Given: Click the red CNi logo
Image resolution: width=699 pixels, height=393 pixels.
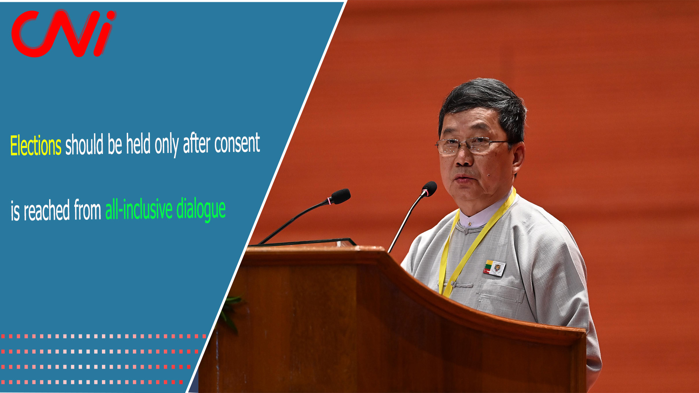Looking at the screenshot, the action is coord(64,33).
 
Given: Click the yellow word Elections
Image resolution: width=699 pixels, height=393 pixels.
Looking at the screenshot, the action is coord(36,146).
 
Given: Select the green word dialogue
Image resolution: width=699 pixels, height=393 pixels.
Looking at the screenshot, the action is coord(201,209).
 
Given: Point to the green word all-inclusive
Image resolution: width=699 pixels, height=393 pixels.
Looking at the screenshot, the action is coord(139,209).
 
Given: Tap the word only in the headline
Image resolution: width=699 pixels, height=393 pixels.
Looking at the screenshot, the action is coord(167,145).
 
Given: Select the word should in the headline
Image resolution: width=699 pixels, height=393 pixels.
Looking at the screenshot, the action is coord(84,144).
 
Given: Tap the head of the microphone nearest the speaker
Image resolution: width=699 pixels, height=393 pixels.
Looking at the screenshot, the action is coord(430,188).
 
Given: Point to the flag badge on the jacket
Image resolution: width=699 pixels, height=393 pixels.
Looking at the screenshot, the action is coord(494,268).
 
